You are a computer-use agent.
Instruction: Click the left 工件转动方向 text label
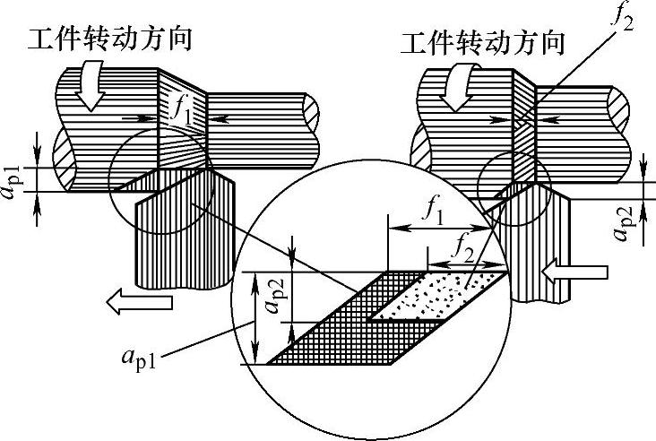(x=111, y=39)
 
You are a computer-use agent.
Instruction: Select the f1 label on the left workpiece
(x=183, y=114)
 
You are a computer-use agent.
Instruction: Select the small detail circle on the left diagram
(x=161, y=185)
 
